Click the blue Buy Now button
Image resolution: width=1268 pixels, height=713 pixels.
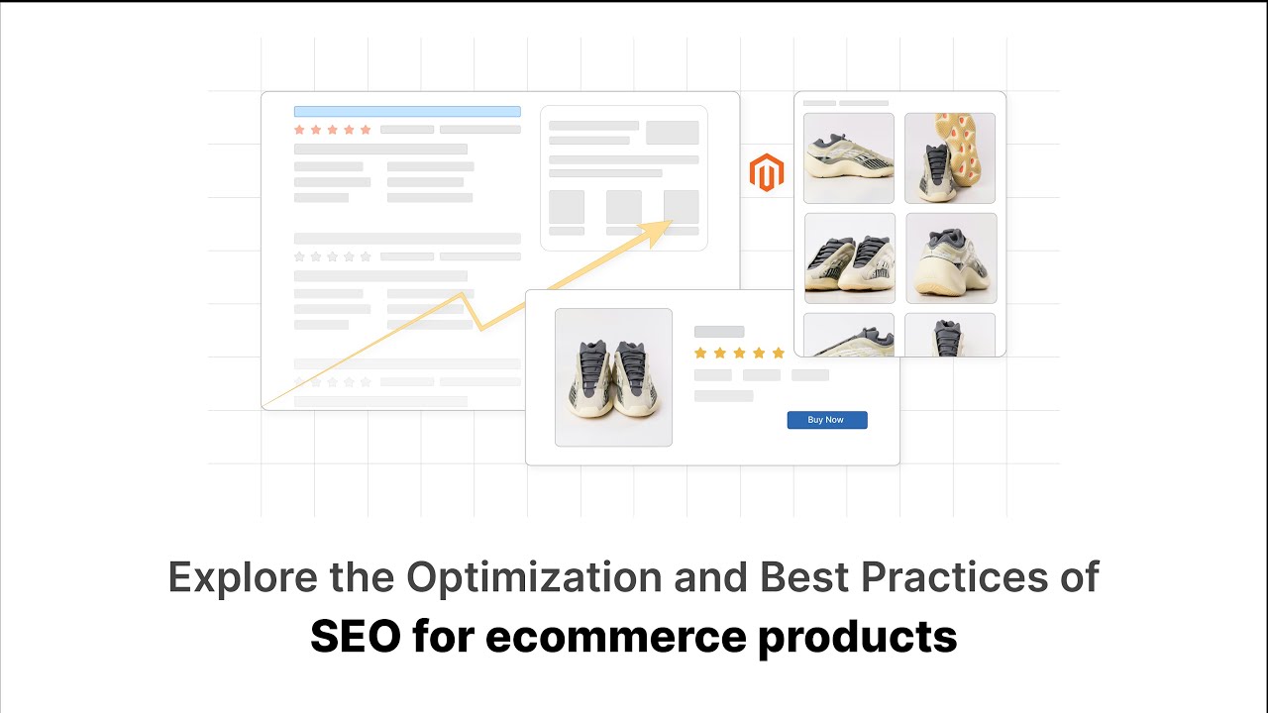coord(827,420)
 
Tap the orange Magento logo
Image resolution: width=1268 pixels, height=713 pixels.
coord(767,172)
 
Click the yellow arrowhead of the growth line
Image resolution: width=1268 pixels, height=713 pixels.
coord(657,233)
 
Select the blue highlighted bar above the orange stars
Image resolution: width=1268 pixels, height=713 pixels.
coord(407,112)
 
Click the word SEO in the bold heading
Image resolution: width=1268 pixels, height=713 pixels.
coord(355,637)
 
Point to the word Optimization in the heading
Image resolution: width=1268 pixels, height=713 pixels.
coord(535,576)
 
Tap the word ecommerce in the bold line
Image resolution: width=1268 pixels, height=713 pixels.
coord(616,637)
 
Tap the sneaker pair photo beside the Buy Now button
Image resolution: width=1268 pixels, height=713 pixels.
coord(613,377)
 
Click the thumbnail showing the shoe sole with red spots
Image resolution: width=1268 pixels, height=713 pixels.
coord(950,158)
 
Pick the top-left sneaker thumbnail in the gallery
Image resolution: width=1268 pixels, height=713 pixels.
coord(849,158)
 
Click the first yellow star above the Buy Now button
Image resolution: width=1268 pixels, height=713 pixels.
coord(700,353)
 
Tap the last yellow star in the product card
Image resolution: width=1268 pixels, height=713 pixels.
coord(778,353)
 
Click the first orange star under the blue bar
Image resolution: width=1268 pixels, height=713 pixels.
coord(300,130)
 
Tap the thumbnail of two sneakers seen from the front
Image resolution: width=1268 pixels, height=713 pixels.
coord(850,258)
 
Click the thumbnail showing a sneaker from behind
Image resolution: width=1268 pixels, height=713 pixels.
coord(951,258)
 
